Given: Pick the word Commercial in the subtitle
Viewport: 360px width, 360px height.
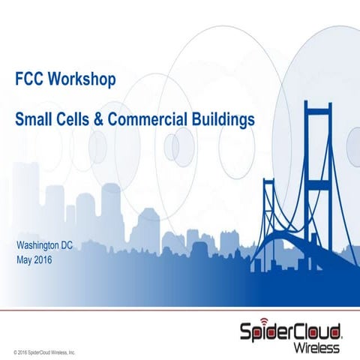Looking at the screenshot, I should pyautogui.click(x=154, y=118).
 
